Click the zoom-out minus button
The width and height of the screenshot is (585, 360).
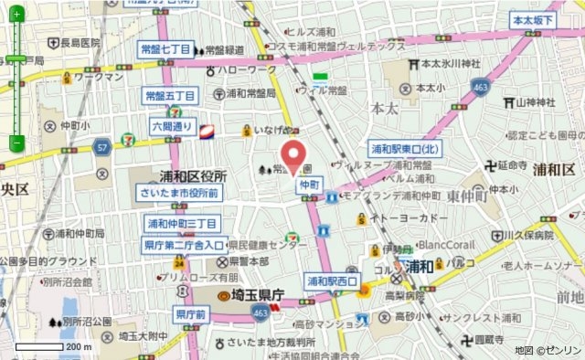tap(16, 143)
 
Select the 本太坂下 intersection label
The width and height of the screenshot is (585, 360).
tap(534, 20)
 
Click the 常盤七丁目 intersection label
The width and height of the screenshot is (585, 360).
tap(165, 49)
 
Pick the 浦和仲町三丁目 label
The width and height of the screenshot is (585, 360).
tap(183, 223)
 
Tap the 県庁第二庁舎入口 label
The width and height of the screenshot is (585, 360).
tap(183, 245)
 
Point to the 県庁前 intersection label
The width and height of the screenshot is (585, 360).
tap(193, 314)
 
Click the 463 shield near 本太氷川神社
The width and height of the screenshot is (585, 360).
tap(479, 87)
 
